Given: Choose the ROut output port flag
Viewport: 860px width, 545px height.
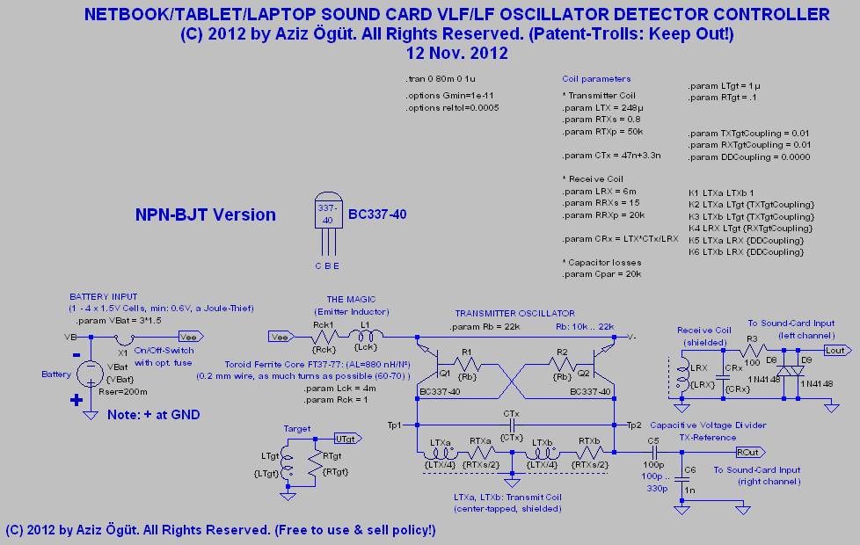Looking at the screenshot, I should coord(750,452).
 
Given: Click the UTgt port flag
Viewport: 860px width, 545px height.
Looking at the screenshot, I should coord(346,438).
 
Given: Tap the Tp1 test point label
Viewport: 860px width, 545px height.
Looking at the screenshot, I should coord(395,425).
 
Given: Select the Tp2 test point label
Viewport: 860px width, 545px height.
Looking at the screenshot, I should coord(634,425).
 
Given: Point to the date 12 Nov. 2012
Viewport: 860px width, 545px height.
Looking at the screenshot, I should coord(456,53).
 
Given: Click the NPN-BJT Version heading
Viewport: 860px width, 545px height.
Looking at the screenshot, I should coord(205,214).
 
